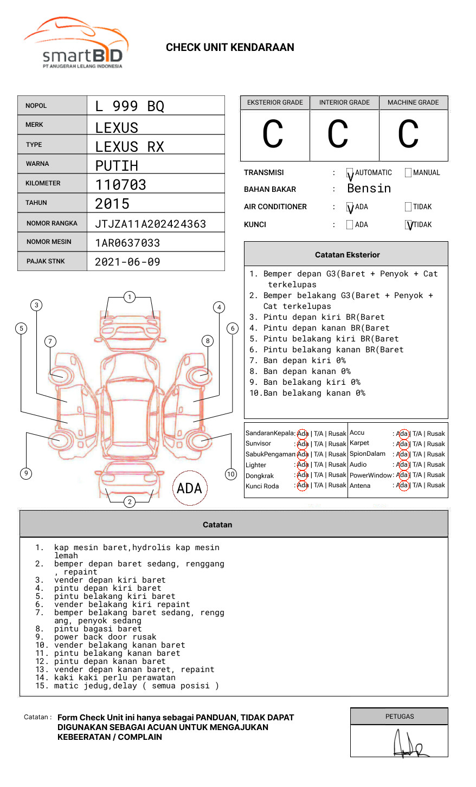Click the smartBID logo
76,43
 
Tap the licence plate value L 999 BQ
130,106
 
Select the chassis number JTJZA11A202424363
150,224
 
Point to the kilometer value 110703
120,185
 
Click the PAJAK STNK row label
45,261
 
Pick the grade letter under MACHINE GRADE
408,134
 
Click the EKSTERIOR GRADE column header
275,102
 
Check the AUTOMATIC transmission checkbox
350,173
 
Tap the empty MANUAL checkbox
408,173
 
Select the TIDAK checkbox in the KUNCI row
408,225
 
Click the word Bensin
369,189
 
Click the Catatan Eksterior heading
347,255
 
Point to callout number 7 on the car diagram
50,341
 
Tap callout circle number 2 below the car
130,501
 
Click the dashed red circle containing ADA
189,488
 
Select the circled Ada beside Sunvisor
303,444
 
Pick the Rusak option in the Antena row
436,486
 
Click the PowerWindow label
371,475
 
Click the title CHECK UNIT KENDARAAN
230,48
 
